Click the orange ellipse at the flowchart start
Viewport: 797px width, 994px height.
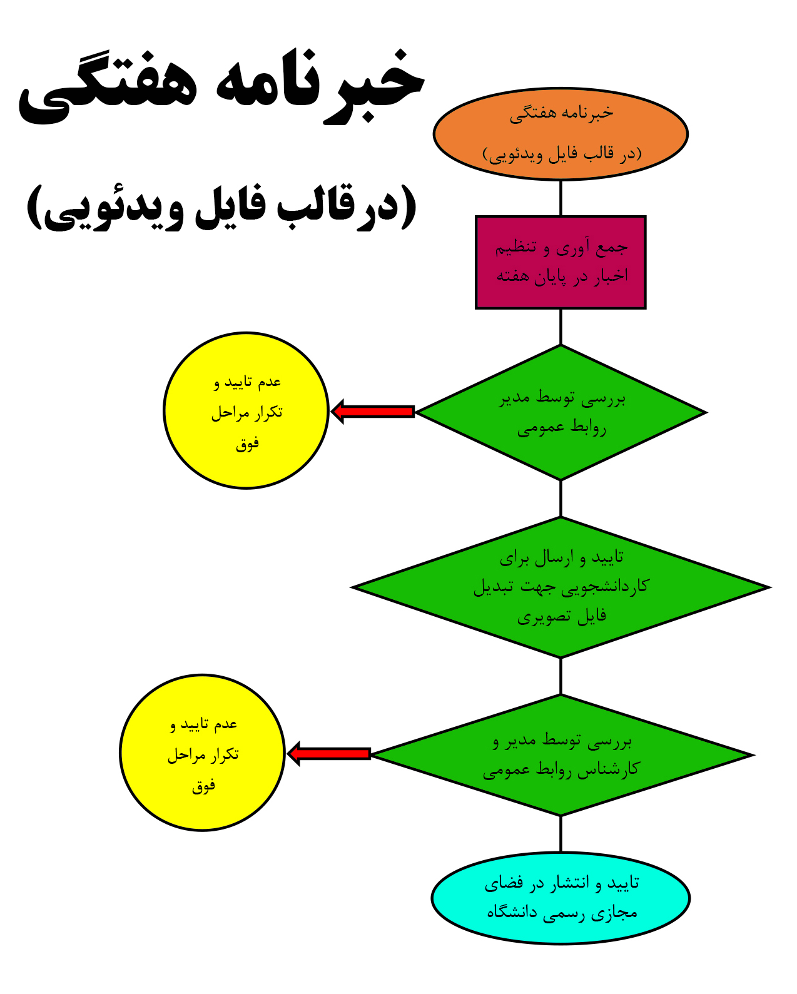point(560,133)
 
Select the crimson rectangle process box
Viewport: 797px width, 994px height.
point(560,262)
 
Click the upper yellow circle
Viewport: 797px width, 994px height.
point(246,410)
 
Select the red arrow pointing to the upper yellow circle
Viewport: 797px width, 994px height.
point(372,411)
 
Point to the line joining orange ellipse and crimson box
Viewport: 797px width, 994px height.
point(561,198)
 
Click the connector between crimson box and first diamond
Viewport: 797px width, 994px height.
point(561,327)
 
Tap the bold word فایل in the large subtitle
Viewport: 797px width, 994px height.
point(230,206)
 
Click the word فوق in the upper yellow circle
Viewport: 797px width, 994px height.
point(247,444)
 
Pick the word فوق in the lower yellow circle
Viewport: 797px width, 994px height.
point(203,786)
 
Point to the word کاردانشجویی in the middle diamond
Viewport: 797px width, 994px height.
point(606,586)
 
